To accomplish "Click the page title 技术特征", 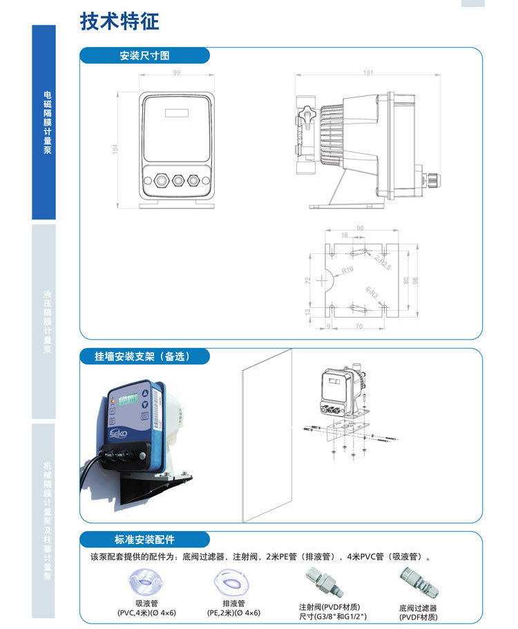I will point(119,21).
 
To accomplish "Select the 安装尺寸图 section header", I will point(144,56).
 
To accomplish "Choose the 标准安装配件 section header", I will point(144,540).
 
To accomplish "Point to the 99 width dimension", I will point(176,72).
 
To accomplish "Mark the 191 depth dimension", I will point(368,72).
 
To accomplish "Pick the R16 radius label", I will point(347,270).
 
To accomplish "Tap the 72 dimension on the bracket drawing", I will point(308,282).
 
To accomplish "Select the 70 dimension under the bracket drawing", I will point(359,326).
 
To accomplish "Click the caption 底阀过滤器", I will point(418,608).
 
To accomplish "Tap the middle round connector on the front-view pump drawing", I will point(178,180).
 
